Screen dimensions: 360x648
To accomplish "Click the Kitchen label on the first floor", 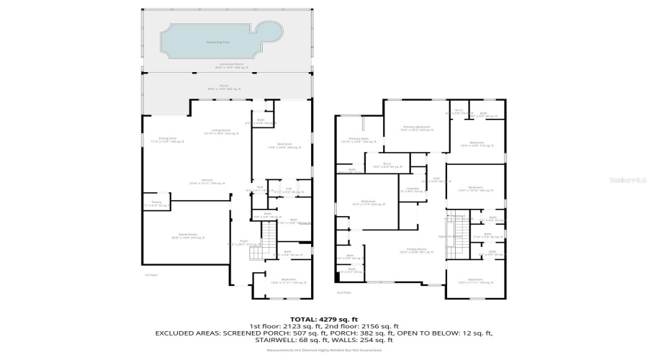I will (x=206, y=182).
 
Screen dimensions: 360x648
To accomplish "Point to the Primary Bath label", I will (x=359, y=140).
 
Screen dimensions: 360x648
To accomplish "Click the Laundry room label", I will (x=413, y=190).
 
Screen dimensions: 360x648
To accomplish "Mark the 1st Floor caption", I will (x=150, y=274).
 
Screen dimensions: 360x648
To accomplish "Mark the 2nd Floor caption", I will (x=344, y=292).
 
